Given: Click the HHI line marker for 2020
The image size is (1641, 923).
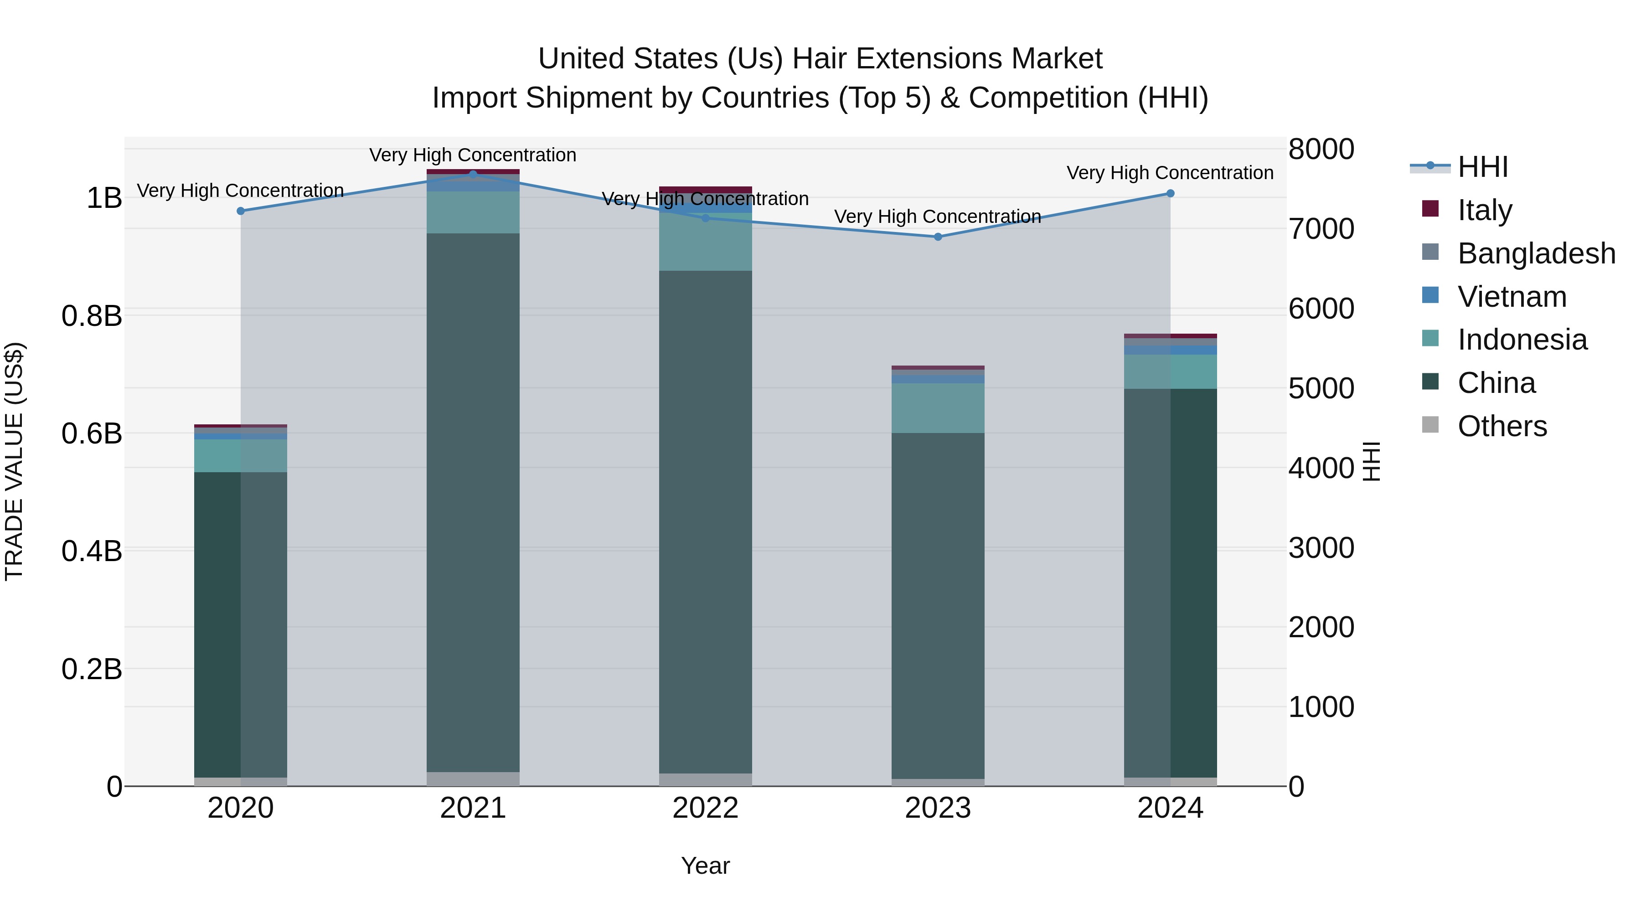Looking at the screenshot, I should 241,211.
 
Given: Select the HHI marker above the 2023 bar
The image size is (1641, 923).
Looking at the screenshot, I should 938,237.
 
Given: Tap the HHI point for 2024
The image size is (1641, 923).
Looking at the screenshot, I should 1170,194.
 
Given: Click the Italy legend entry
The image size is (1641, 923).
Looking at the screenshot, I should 1484,210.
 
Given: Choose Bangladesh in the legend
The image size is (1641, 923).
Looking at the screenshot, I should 1536,253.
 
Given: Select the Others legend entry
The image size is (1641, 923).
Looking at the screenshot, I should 1502,426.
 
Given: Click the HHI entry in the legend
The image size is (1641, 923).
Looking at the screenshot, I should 1482,167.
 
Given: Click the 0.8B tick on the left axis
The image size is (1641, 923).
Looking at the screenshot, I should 92,316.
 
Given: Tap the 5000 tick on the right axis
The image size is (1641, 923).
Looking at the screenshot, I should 1321,388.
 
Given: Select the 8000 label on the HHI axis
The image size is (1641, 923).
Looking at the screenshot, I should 1321,150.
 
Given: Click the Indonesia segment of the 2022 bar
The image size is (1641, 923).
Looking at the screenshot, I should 705,245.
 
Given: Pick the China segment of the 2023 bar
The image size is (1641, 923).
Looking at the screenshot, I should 938,605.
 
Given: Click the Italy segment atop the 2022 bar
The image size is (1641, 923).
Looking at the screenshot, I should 705,190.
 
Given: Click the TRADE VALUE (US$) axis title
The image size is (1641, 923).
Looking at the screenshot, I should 14,461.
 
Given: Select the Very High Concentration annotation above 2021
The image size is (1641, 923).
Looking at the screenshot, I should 473,155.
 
